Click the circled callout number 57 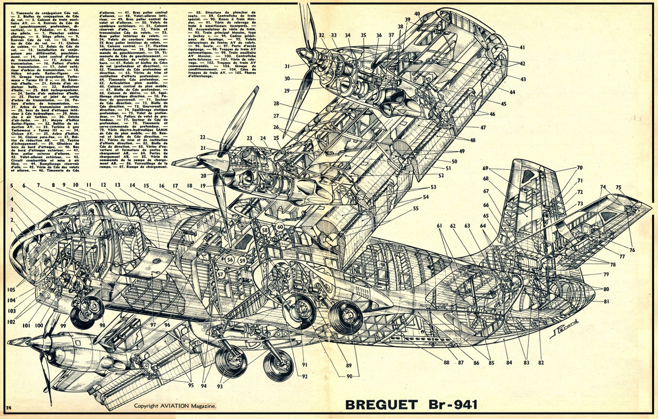(x=221, y=274)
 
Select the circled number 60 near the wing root (x=280, y=227)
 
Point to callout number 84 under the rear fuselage (x=509, y=362)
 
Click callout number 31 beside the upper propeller (x=287, y=67)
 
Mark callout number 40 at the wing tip (x=417, y=14)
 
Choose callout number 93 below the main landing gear (x=220, y=387)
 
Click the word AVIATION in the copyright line (x=178, y=406)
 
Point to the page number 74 (x=8, y=407)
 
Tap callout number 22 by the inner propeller (x=202, y=138)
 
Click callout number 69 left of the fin (x=486, y=168)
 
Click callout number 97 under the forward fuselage (x=153, y=325)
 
